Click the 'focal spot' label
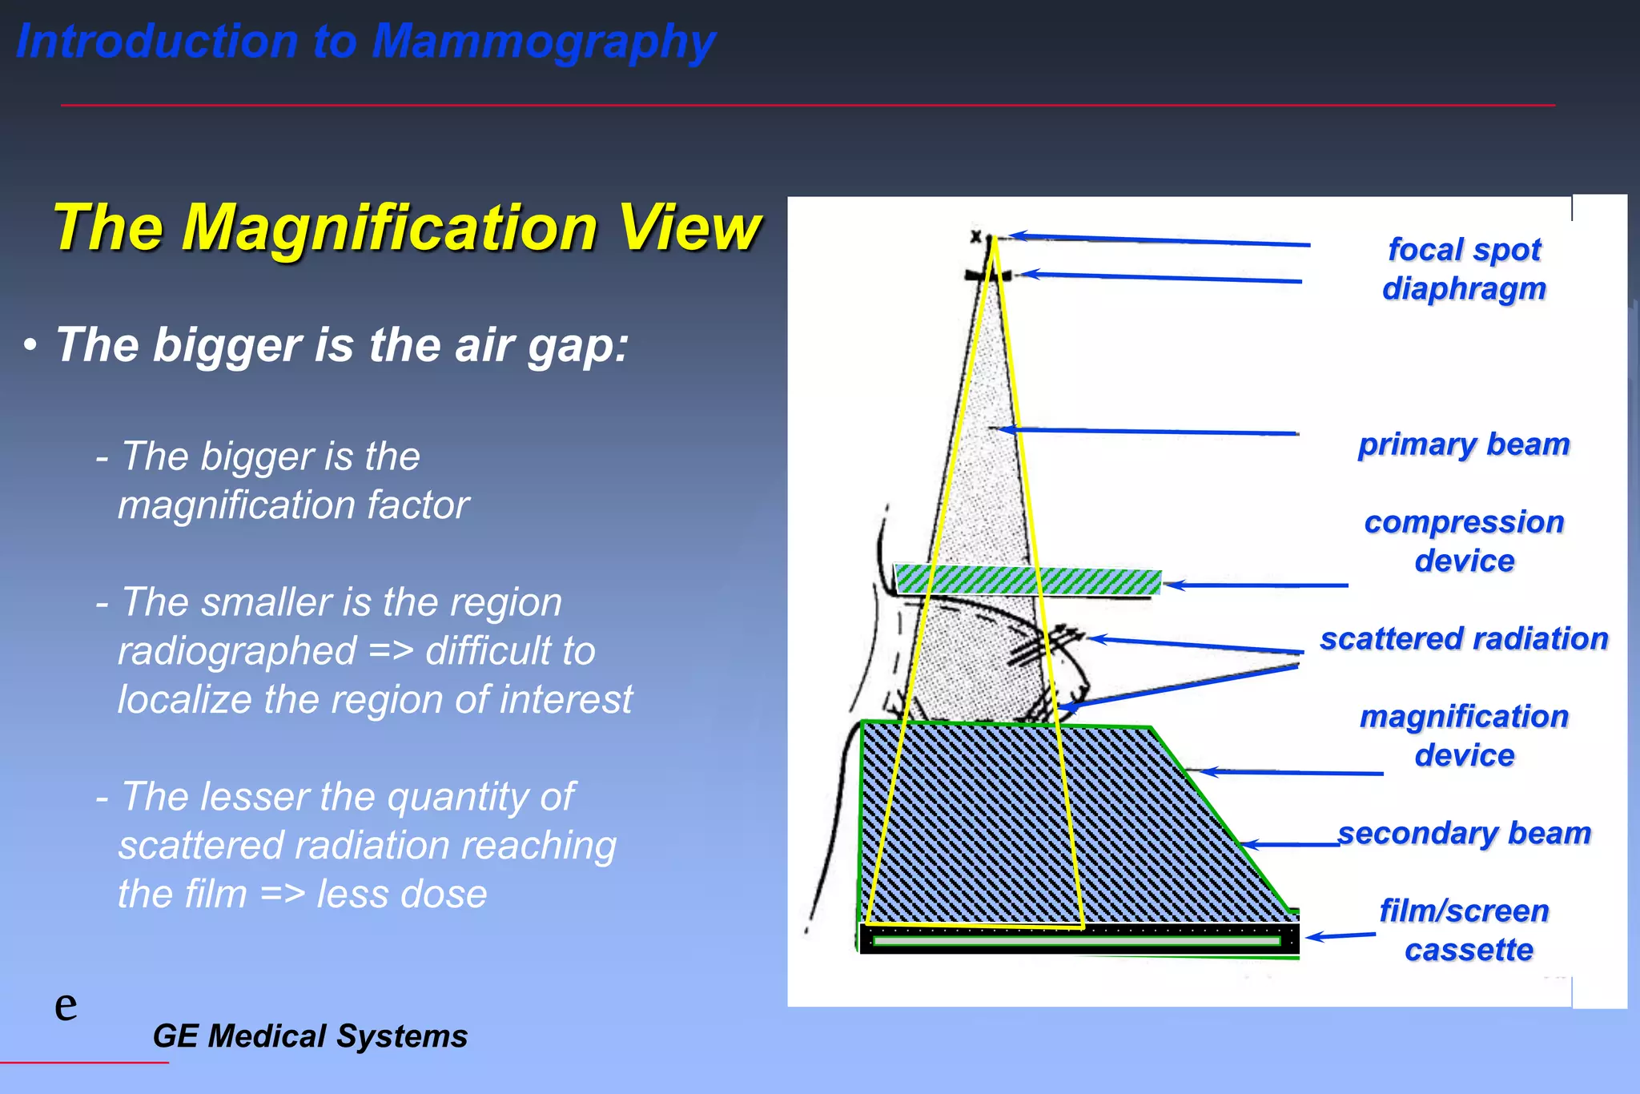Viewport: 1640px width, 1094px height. click(x=1464, y=250)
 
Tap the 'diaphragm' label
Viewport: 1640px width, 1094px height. click(x=1464, y=288)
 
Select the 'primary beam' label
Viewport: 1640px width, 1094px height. click(x=1464, y=444)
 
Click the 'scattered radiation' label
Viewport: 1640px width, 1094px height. click(x=1464, y=639)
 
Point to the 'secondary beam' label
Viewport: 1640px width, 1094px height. click(x=1464, y=834)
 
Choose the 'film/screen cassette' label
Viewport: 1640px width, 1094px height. click(x=1465, y=931)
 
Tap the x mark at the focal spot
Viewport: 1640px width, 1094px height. click(x=975, y=236)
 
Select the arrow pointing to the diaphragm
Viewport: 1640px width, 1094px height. click(x=1161, y=278)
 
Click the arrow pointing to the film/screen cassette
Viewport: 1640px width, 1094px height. click(x=1341, y=935)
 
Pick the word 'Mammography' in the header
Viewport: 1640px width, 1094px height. click(x=543, y=42)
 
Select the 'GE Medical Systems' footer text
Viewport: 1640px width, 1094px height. click(x=310, y=1036)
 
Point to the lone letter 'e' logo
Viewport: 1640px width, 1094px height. click(x=66, y=1006)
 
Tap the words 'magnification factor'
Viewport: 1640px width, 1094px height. click(x=293, y=505)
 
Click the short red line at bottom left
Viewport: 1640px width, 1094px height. click(x=84, y=1063)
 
